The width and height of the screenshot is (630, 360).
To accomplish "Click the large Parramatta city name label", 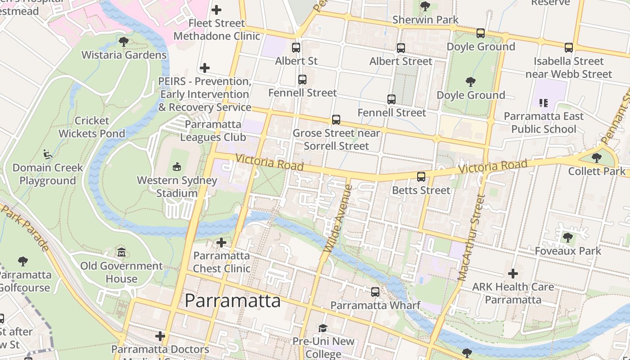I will [233, 301].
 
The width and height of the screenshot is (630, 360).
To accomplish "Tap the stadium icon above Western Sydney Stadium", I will [176, 166].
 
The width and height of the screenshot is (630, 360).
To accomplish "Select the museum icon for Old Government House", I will [121, 252].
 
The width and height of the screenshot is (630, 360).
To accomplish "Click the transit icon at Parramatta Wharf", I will [375, 292].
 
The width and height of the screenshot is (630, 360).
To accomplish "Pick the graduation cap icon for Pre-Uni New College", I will [323, 328].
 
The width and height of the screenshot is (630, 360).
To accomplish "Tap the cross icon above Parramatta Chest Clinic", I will [221, 243].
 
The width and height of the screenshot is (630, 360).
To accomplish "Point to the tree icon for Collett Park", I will [597, 157].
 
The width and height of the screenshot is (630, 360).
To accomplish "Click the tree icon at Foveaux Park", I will [568, 237].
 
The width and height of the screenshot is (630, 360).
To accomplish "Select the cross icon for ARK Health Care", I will [513, 273].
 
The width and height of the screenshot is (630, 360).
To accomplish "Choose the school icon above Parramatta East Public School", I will [543, 103].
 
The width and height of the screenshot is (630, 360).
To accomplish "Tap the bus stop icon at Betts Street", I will [421, 177].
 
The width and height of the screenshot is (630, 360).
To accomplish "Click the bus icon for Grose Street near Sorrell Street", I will [336, 120].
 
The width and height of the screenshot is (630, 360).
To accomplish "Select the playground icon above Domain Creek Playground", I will [47, 154].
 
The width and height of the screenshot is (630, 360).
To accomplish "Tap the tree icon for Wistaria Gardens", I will [124, 42].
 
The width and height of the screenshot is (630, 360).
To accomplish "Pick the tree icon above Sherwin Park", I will [425, 6].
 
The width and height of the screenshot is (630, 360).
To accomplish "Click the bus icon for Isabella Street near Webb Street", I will [569, 47].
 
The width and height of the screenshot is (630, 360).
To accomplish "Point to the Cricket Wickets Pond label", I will [92, 127].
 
